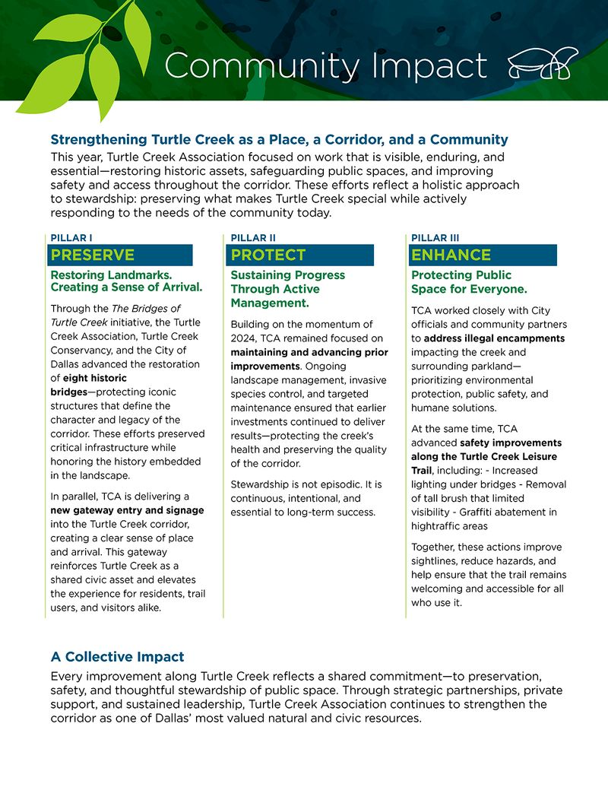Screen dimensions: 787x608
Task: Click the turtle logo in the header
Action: point(542,65)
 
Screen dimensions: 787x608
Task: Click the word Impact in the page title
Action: point(421,66)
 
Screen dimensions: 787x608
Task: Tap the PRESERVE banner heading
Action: point(93,255)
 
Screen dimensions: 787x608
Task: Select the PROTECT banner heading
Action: point(268,255)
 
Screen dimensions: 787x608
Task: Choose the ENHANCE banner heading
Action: point(451,255)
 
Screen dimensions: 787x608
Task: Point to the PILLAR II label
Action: point(253,238)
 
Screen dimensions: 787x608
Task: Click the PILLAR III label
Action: point(435,238)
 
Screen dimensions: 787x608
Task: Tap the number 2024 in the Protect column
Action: point(245,338)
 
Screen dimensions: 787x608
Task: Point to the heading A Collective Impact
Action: point(117,656)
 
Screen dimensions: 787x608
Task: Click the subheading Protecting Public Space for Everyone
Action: point(468,282)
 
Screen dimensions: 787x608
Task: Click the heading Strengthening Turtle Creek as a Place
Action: point(279,140)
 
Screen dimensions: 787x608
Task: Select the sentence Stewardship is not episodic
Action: point(305,484)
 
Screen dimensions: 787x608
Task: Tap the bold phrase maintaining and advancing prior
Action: point(309,352)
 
